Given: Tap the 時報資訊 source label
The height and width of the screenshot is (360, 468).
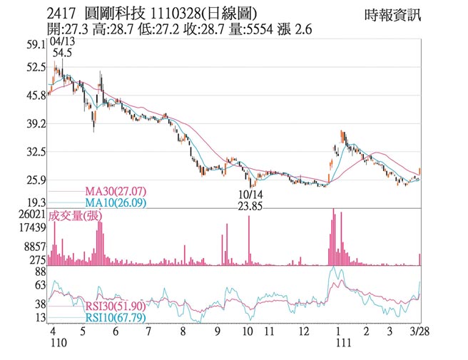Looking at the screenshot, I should [x=392, y=14].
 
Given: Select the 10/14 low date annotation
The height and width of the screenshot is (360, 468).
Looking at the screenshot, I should [x=250, y=195].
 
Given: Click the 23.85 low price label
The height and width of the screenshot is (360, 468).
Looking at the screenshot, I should [x=250, y=207].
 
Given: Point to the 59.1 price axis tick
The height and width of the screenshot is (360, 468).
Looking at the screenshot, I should [x=35, y=44].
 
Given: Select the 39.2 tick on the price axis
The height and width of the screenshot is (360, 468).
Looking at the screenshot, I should [x=35, y=123].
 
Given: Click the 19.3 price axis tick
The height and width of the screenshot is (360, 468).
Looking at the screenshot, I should [x=35, y=202].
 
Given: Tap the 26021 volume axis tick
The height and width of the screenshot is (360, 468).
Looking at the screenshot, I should [x=32, y=214].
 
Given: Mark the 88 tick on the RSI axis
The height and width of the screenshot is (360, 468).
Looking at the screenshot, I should [x=39, y=271].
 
